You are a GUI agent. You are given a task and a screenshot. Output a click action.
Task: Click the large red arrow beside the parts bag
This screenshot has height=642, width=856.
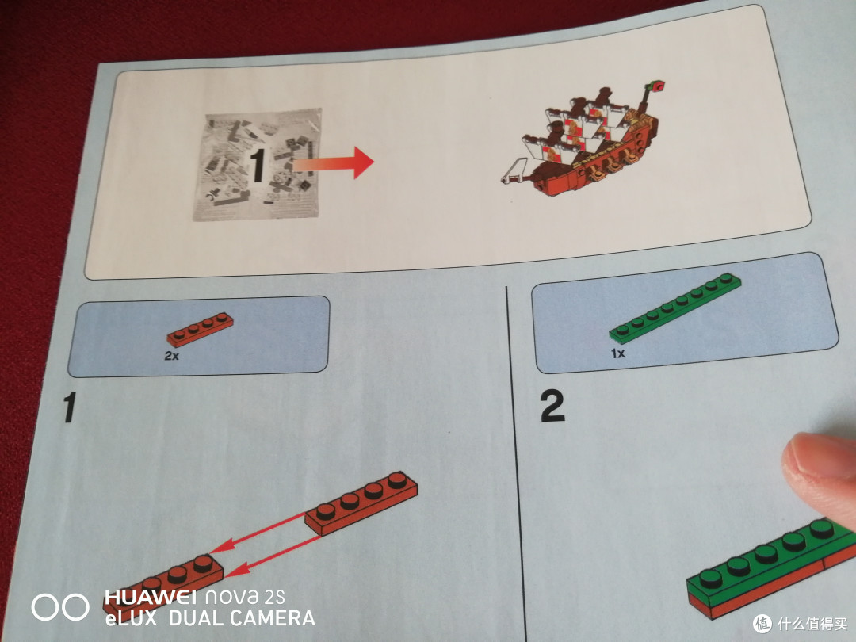[x=333, y=162]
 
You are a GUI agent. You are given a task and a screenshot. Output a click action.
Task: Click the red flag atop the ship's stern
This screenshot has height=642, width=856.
[x=657, y=86]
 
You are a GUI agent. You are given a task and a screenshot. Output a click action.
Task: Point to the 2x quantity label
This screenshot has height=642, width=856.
[x=171, y=356]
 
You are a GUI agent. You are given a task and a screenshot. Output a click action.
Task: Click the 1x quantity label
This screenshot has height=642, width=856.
[x=617, y=353]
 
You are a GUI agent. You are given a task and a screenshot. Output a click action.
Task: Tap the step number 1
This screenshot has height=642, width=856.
[x=69, y=407]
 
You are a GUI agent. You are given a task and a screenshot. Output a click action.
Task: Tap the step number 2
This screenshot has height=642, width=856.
[x=552, y=406]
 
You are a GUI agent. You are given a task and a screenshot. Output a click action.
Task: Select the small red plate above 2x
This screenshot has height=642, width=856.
[x=200, y=330]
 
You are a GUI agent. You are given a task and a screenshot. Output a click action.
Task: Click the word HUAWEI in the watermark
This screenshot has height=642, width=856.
[x=150, y=597]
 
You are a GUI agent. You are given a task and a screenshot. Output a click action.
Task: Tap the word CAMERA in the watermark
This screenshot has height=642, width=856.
[x=271, y=618]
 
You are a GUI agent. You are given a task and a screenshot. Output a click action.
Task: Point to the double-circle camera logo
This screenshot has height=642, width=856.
[x=60, y=606]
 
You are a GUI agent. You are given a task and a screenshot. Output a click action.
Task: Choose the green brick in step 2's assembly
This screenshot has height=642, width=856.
[x=770, y=559]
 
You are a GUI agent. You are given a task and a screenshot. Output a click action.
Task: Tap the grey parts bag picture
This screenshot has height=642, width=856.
[x=257, y=164]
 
